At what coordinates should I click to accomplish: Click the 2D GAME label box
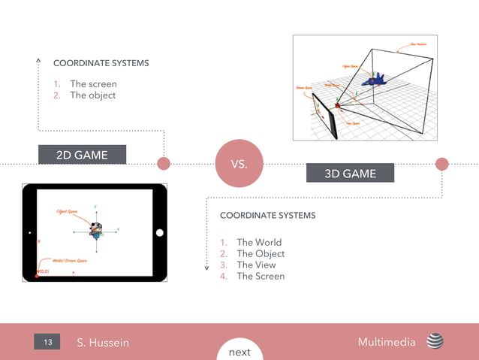[x=82, y=155]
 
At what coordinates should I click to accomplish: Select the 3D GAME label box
[x=350, y=174]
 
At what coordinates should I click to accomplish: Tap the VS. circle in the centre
[x=239, y=163]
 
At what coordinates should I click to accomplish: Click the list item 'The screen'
[x=93, y=84]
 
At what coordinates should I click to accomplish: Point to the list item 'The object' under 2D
[x=92, y=95]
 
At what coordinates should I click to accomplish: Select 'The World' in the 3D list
[x=259, y=242]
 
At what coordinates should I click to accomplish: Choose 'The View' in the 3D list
[x=256, y=265]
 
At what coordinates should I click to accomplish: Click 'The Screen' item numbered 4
[x=261, y=276]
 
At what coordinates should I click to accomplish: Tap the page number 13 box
[x=47, y=343]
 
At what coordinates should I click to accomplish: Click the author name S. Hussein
[x=103, y=343]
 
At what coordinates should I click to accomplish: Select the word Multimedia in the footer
[x=387, y=342]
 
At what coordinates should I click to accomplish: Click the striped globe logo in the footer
[x=435, y=342]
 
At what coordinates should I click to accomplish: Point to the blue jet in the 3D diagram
[x=373, y=78]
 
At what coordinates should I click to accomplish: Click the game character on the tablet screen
[x=95, y=228]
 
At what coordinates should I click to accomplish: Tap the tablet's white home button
[x=159, y=233]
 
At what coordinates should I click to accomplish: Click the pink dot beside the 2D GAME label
[x=163, y=163]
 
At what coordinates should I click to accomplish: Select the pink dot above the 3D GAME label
[x=441, y=164]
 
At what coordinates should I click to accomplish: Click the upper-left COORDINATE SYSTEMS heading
[x=101, y=63]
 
